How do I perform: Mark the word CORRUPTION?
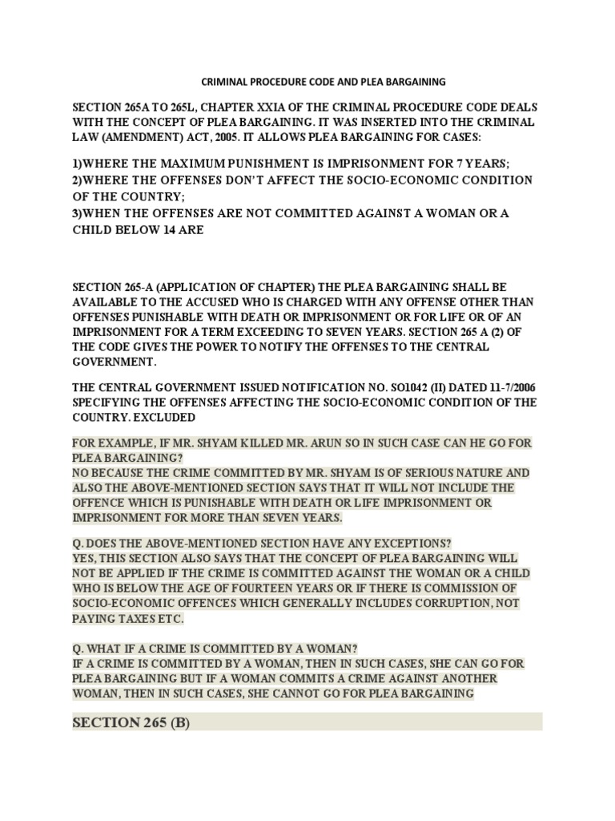coord(455,604)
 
